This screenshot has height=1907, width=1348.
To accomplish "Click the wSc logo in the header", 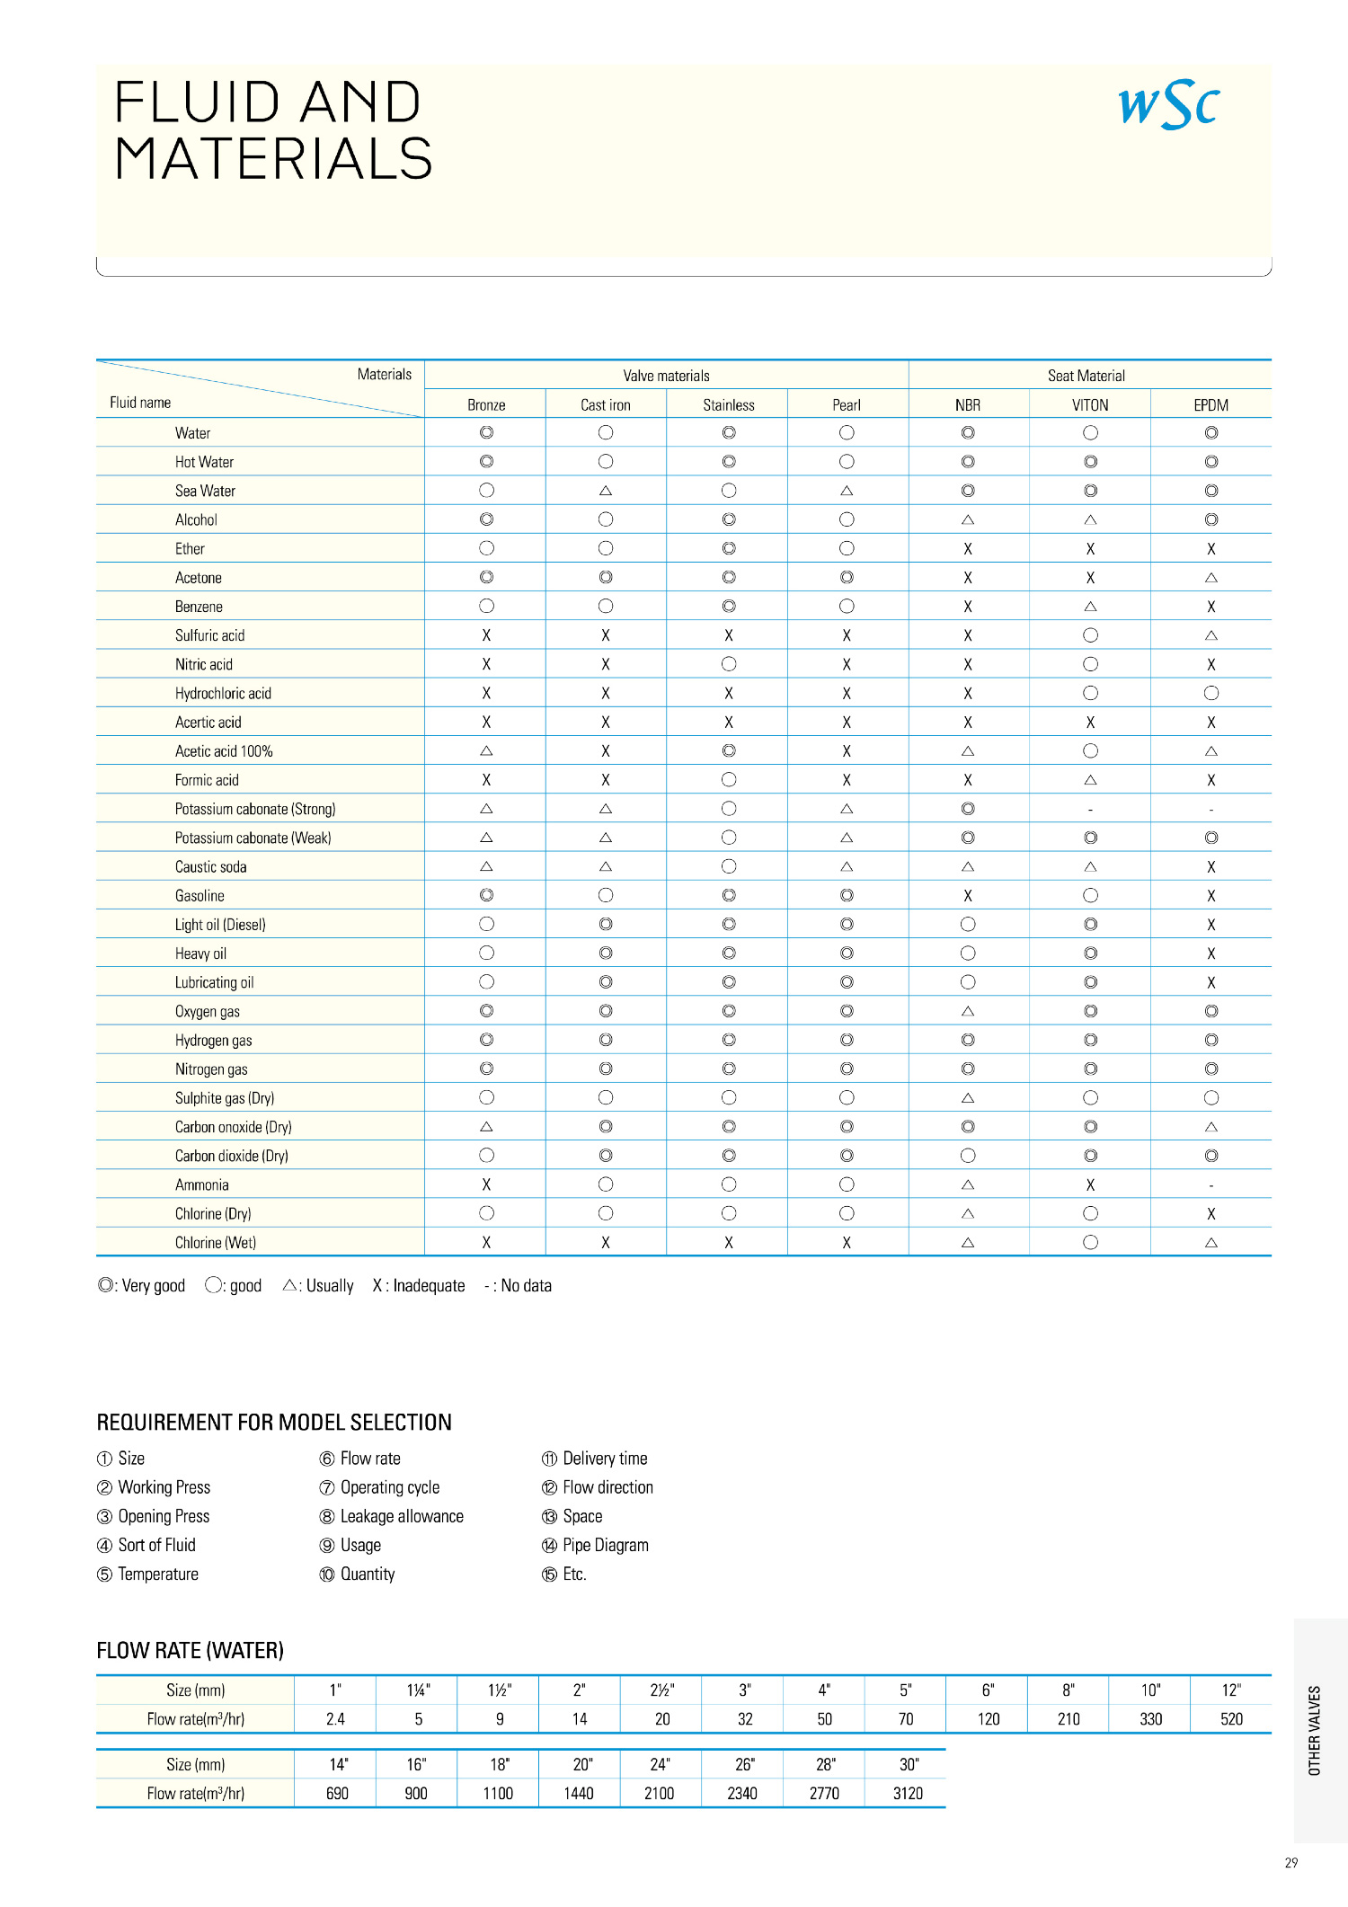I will pos(1168,105).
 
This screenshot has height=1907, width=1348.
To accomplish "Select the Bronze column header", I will pos(486,405).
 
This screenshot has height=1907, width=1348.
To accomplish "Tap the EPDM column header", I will pos(1211,405).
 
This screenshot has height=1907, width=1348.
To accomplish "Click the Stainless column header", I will pos(728,405).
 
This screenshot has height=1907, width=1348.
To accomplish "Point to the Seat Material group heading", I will pos(1086,376).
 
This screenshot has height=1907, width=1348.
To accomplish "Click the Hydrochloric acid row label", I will pos(223,694).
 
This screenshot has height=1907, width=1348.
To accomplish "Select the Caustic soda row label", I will pos(210,867).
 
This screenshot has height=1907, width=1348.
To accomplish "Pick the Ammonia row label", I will pos(201,1185).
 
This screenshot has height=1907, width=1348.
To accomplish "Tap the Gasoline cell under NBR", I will pos(967,896).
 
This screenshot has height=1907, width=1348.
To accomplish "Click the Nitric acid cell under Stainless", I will pos(728,664).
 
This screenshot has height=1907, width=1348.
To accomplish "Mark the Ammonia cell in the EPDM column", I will pos(1211,1185).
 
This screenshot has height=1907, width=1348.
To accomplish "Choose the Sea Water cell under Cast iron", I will pos(605,491).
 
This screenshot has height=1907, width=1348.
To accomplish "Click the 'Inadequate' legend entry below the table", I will pos(419,1286).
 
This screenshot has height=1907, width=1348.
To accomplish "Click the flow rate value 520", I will pos(1231,1719).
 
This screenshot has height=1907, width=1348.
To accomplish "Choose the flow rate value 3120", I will pos(908,1794).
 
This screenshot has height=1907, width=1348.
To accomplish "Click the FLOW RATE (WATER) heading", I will pos(190,1651).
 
